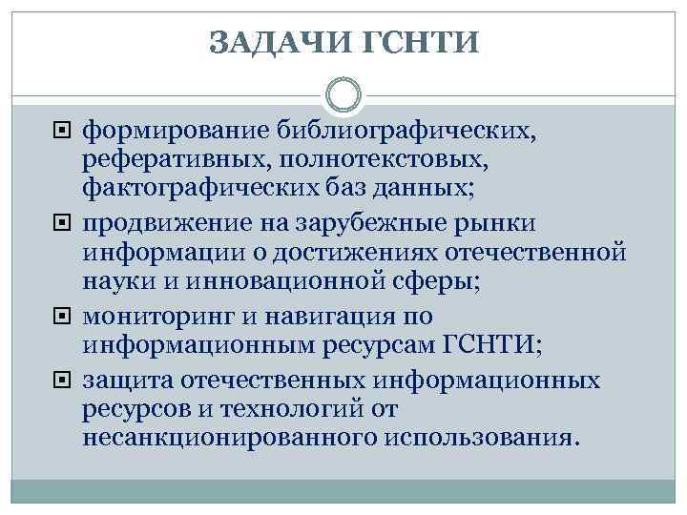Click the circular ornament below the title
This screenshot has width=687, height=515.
coord(343,95)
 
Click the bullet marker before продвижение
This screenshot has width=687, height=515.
coord(66,224)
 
